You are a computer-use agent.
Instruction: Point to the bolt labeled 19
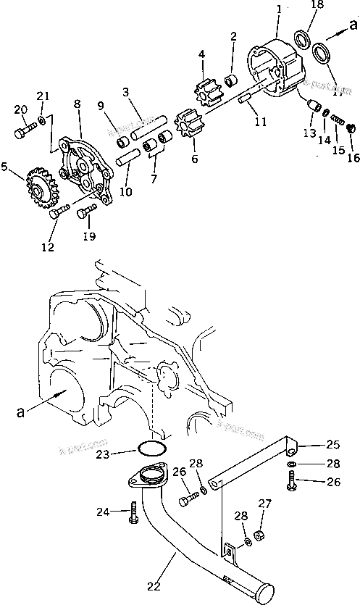(x=86, y=211)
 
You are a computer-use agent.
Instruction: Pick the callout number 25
(x=332, y=444)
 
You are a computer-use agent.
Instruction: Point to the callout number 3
(x=125, y=92)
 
